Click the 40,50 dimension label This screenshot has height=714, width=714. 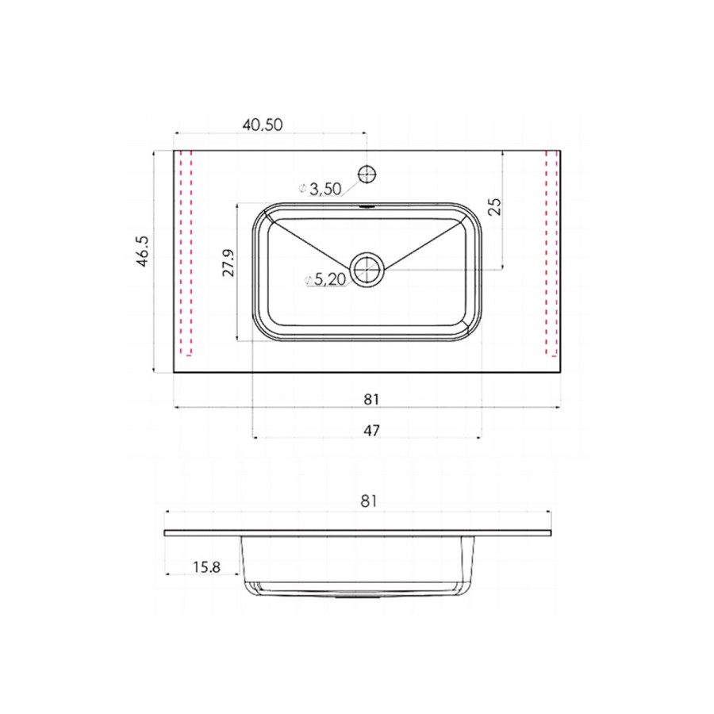pos(263,125)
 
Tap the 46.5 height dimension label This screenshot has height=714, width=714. pos(142,251)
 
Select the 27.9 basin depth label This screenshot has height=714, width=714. pos(228,263)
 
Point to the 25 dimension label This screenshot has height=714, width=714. pos(494,205)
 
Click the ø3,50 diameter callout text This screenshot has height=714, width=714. pos(321,189)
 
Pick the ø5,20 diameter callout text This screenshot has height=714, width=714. pos(326,279)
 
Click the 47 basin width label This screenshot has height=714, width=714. pos(371,430)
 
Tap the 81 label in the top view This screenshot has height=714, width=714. pos(371,399)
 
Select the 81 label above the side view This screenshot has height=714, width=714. pos(369,501)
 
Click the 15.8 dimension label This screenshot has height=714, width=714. pos(207,567)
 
